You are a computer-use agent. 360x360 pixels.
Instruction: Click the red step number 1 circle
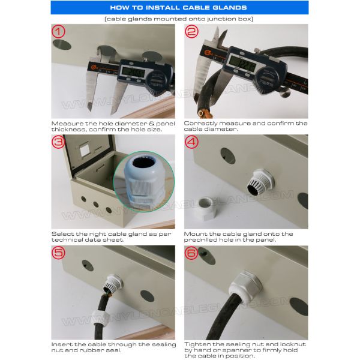pos(58,31)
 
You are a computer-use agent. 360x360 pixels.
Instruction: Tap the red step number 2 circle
pos(191,31)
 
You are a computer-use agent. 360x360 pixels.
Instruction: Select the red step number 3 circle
pos(58,142)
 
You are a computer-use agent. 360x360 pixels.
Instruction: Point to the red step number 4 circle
pos(191,142)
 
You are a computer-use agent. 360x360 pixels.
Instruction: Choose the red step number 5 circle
pos(58,253)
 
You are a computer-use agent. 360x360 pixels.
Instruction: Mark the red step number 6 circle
pos(191,253)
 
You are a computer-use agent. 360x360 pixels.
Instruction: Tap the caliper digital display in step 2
pos(242,62)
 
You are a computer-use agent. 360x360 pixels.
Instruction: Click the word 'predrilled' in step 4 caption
pos(201,240)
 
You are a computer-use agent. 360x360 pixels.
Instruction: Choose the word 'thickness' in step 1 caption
pos(69,129)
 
